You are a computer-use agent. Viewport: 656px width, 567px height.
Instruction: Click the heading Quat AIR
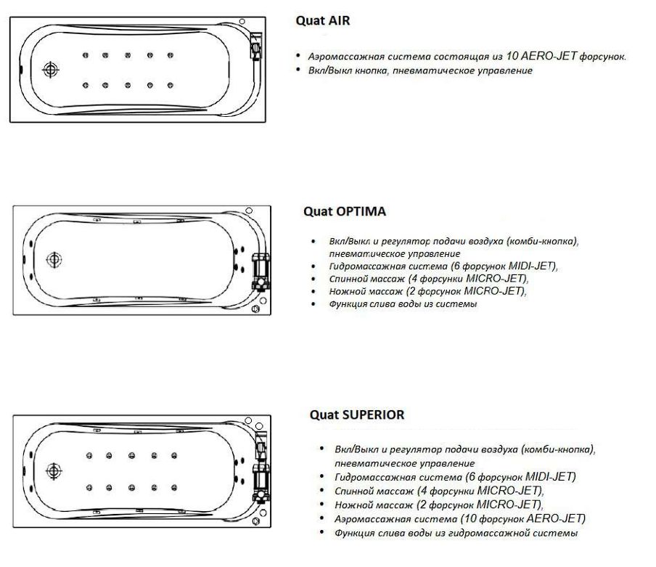(x=323, y=20)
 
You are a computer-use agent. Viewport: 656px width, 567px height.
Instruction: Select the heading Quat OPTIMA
(x=345, y=211)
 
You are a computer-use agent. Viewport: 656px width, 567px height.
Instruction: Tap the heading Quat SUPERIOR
(x=357, y=415)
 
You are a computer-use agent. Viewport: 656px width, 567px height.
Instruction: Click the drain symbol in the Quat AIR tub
(x=51, y=70)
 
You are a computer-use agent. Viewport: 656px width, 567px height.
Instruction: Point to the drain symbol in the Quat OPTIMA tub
(x=54, y=260)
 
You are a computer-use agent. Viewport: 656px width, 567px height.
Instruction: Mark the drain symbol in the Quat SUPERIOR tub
(x=54, y=471)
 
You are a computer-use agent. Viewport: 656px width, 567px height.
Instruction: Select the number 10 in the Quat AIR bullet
(x=512, y=56)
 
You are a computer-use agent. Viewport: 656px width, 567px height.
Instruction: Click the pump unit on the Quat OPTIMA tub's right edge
(x=261, y=272)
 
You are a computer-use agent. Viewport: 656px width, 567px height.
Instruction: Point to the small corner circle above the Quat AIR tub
(x=242, y=21)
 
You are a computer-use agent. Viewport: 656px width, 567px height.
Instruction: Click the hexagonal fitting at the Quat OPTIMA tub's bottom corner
(x=255, y=309)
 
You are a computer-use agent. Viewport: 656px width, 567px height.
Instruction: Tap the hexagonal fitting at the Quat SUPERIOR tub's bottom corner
(x=256, y=521)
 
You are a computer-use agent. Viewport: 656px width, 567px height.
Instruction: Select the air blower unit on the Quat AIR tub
(x=255, y=46)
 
